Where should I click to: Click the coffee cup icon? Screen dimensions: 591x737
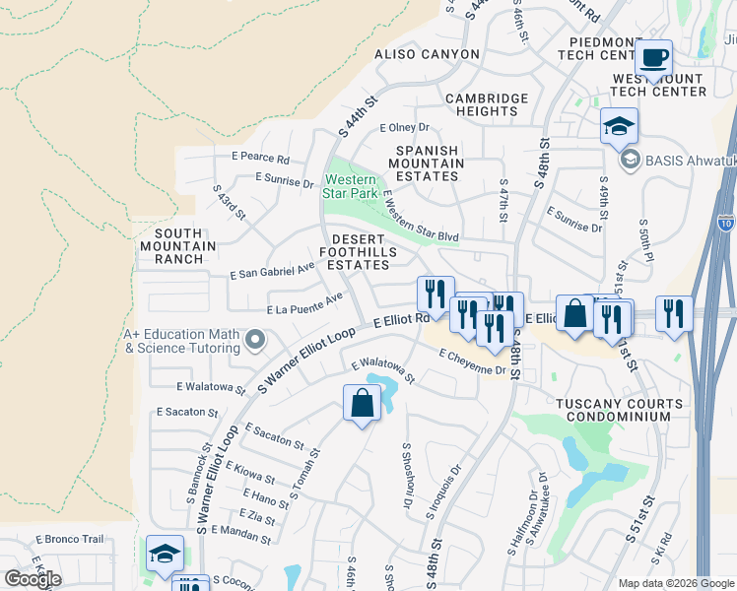coord(653,58)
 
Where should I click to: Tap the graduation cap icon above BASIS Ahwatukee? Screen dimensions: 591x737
coord(619,126)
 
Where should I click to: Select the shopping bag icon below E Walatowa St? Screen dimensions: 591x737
coord(362,402)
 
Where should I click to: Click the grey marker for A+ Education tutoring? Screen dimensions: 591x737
coord(255,341)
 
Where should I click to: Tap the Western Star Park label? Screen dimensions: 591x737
coord(349,186)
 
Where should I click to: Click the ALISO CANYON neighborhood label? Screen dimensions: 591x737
coord(427,54)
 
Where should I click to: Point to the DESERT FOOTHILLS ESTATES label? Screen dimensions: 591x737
coord(365,252)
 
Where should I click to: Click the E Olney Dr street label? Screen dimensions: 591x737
coord(405,127)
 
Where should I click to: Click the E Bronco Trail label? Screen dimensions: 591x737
coord(70,539)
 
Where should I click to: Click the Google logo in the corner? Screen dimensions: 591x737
coord(33,579)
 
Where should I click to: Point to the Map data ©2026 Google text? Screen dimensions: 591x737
coord(675,583)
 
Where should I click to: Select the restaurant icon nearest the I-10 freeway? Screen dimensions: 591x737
coord(673,314)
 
